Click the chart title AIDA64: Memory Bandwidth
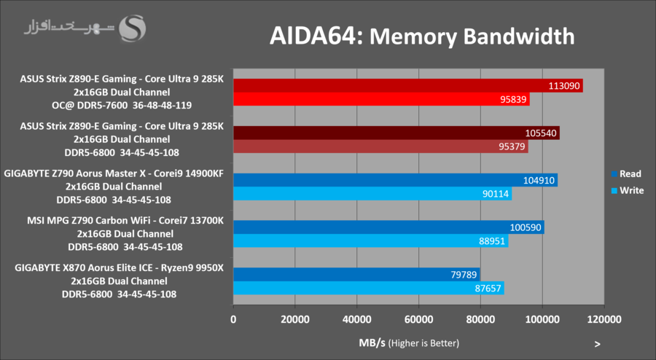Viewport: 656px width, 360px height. click(x=422, y=35)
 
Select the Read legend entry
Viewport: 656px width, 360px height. click(x=626, y=173)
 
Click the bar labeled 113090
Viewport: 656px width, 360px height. click(x=407, y=86)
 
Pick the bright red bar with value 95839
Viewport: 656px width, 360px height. click(x=380, y=100)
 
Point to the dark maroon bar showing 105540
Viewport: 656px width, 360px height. click(x=396, y=133)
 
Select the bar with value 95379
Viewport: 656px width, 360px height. click(x=380, y=147)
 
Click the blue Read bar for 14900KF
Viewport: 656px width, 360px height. click(x=394, y=180)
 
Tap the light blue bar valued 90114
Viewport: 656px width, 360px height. click(x=372, y=194)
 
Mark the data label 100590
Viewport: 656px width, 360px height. click(x=525, y=227)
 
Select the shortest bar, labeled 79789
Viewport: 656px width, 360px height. click(x=356, y=275)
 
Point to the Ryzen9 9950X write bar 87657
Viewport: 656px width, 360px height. click(x=368, y=289)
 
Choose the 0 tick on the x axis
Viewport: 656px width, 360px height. click(x=233, y=319)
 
